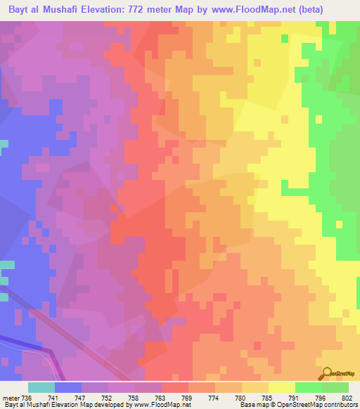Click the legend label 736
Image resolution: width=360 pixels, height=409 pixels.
27,398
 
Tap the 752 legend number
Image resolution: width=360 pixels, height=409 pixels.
108,398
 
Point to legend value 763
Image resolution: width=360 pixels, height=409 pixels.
161,398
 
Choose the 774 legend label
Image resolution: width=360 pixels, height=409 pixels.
214,398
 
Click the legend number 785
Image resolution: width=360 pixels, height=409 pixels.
268,398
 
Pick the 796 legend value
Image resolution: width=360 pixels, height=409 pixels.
321,398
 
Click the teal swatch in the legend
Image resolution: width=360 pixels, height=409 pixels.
41,387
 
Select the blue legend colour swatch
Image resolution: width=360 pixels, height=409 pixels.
67,387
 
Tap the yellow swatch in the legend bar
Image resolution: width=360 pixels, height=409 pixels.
281,387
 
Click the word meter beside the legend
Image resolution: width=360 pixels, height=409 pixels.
10,398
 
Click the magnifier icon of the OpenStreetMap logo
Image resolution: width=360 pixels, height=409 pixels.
328,373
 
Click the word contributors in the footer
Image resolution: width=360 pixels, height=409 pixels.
340,405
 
